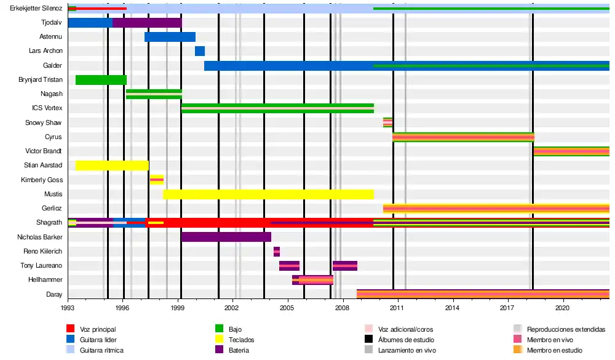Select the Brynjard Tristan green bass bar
coord(101,80)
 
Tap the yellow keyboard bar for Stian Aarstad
coord(112,165)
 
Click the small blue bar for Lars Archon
coord(200,51)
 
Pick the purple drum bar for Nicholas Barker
coord(226,237)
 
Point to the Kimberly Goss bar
coord(157,180)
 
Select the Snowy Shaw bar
coord(387,122)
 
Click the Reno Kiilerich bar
coord(277,251)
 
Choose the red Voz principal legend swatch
coord(71,329)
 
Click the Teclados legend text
coord(241,340)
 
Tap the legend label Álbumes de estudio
coord(406,340)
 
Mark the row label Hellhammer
coord(46,280)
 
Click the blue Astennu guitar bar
coord(170,37)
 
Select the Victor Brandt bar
coord(571,151)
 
